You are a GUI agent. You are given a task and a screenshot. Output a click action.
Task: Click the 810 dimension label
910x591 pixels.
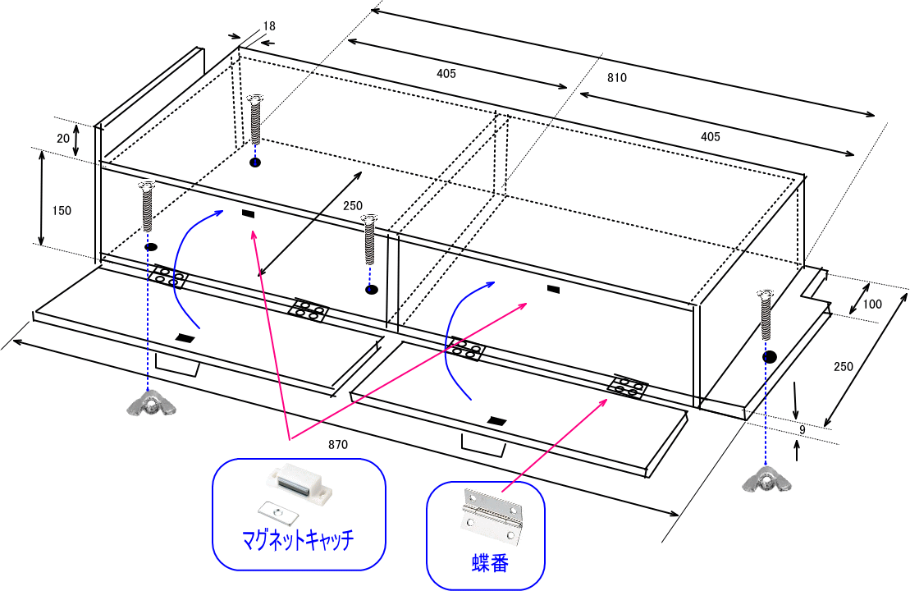click(x=617, y=78)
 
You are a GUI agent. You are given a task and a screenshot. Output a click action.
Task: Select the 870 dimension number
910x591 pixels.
click(x=337, y=444)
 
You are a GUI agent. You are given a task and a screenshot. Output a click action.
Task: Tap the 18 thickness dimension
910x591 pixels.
click(x=269, y=26)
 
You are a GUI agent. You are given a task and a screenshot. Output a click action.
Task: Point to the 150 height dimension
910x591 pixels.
click(x=62, y=210)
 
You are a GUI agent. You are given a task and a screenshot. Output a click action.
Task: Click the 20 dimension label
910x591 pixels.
click(x=63, y=139)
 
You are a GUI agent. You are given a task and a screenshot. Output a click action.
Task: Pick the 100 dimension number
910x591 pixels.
click(x=873, y=305)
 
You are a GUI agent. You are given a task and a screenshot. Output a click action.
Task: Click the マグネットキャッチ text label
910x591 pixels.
click(x=298, y=539)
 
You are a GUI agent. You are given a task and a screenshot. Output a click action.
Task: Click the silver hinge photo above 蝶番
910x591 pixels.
click(x=491, y=515)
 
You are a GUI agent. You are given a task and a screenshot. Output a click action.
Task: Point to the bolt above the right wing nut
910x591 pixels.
click(x=766, y=315)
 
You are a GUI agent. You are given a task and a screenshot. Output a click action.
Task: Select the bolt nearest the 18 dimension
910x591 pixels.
click(x=255, y=120)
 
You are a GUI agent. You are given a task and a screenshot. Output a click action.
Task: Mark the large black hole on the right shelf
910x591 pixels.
click(x=769, y=357)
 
